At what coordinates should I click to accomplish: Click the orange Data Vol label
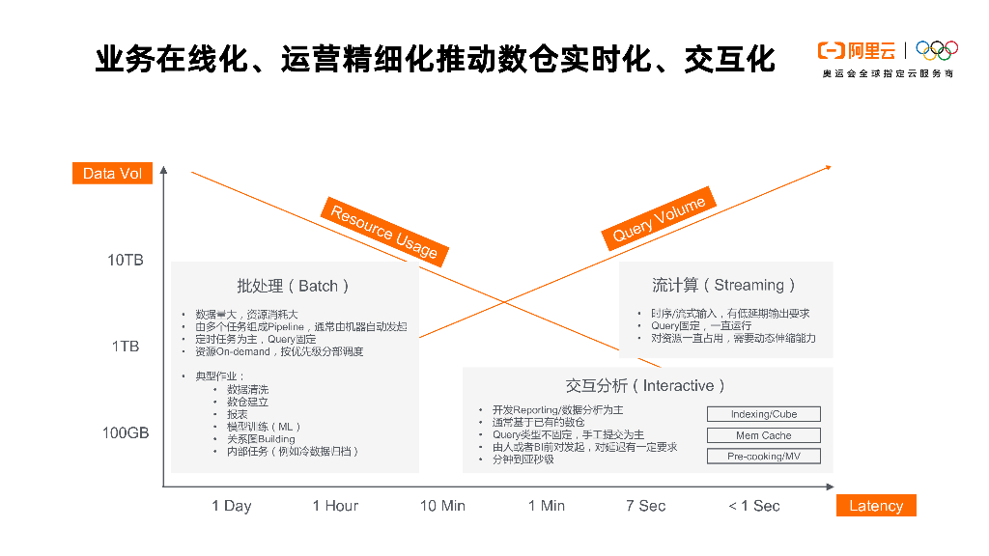[112, 174]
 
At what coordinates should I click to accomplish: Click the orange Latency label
[876, 506]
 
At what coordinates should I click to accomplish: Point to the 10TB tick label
[126, 261]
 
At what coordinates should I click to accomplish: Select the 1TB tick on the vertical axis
[126, 347]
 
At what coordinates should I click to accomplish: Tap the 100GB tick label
[126, 433]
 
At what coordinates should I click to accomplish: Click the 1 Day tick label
[232, 506]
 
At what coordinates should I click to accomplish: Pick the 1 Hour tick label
[335, 506]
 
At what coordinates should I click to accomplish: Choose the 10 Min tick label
[442, 506]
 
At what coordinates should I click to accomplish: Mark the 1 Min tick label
[547, 506]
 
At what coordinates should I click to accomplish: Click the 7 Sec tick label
[645, 506]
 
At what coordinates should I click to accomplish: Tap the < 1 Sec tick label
[754, 506]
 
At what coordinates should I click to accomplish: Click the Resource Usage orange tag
[384, 232]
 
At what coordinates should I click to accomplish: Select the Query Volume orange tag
[660, 218]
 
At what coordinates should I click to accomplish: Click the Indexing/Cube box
[763, 414]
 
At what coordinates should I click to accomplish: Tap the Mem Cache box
[763, 435]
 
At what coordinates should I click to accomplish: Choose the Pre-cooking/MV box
[763, 457]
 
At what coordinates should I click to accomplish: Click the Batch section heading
[294, 286]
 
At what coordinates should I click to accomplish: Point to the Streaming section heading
[724, 285]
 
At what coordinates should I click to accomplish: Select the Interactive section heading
[646, 386]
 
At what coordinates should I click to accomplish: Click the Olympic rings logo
[936, 49]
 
